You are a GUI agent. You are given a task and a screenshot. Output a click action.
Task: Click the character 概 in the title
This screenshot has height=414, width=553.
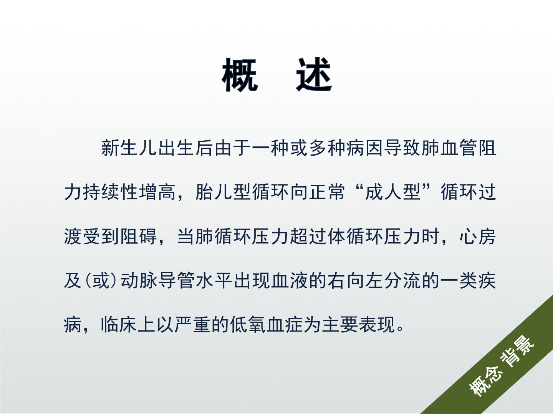(x=240, y=75)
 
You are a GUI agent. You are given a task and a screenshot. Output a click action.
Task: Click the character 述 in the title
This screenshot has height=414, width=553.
(x=314, y=75)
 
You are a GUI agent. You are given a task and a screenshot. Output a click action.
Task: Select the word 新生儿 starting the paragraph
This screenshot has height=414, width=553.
(x=129, y=148)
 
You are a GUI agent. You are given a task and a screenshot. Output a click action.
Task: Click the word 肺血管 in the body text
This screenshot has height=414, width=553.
(x=449, y=148)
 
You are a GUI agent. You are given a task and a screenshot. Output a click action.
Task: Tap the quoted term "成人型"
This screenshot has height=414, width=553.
(x=393, y=192)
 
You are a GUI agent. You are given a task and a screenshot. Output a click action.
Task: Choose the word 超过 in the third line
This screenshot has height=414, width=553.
(x=308, y=237)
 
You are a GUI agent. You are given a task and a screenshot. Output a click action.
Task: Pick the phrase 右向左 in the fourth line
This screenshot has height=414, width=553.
(x=356, y=281)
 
